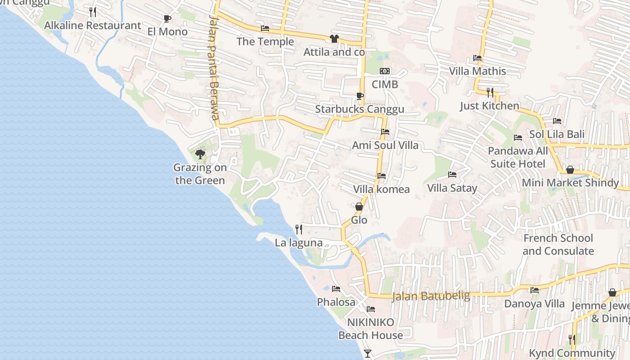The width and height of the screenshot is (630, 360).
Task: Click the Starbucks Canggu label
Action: (x=359, y=109)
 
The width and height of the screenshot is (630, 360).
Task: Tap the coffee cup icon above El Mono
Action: (x=167, y=19)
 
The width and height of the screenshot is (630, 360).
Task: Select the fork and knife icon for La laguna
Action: (x=298, y=229)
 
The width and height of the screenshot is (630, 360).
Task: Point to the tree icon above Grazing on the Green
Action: (x=200, y=154)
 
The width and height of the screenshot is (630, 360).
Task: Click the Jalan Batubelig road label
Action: (x=431, y=296)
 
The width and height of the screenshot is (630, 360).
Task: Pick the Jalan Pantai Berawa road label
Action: (x=214, y=67)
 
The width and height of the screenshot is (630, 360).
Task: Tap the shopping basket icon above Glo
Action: (x=359, y=207)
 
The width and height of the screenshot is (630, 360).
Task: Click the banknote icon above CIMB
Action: (x=385, y=71)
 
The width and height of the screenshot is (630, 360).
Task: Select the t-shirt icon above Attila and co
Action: (x=334, y=39)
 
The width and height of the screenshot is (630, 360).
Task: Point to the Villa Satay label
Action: (x=452, y=188)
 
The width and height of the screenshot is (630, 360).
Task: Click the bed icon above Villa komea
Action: (x=382, y=176)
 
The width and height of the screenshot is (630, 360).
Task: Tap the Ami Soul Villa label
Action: (x=385, y=145)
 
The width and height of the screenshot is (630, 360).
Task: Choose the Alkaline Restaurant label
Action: (x=92, y=25)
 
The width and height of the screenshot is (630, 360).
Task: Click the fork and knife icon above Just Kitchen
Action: (x=490, y=93)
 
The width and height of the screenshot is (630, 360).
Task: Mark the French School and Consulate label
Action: (x=558, y=244)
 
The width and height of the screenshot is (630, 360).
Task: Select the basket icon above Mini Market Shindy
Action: (x=570, y=170)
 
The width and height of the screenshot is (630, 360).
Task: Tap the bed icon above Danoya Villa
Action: (x=534, y=290)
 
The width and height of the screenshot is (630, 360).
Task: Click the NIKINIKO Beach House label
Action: (x=371, y=328)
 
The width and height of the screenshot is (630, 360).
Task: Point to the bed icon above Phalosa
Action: (x=336, y=289)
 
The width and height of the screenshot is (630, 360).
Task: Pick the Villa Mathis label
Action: (x=477, y=71)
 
